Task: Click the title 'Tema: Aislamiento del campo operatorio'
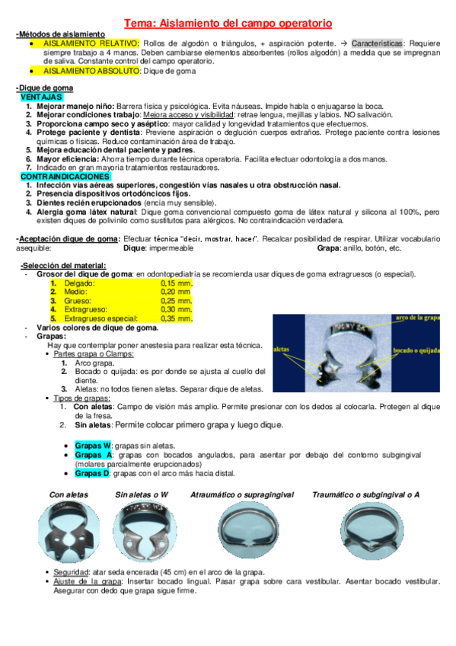click(228, 24)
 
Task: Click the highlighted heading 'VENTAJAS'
click(40, 98)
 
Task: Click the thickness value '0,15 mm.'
click(177, 282)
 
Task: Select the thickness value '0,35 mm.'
click(177, 318)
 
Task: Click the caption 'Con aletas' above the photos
click(69, 495)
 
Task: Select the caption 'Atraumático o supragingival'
click(242, 495)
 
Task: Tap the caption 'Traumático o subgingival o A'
click(365, 495)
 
